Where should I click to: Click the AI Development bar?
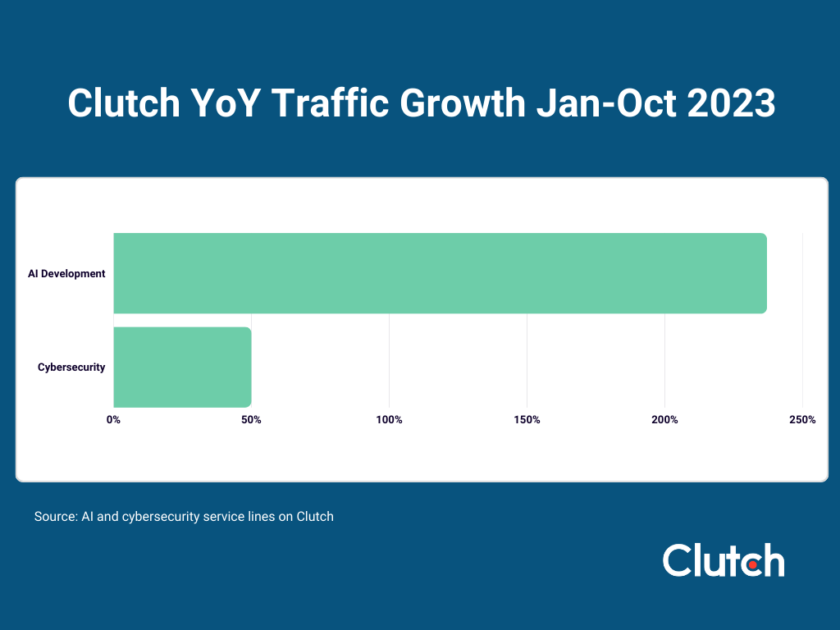(x=440, y=273)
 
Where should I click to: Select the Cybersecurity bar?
(x=182, y=367)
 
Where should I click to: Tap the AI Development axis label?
(x=66, y=274)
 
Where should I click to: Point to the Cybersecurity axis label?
(x=71, y=367)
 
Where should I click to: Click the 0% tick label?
(x=113, y=420)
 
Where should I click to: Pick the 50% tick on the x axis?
(x=251, y=420)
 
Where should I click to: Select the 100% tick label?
(x=389, y=420)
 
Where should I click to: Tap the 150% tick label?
(x=527, y=420)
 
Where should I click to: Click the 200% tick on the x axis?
(x=664, y=420)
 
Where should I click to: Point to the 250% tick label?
(x=801, y=420)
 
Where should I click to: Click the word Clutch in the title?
(x=123, y=104)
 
